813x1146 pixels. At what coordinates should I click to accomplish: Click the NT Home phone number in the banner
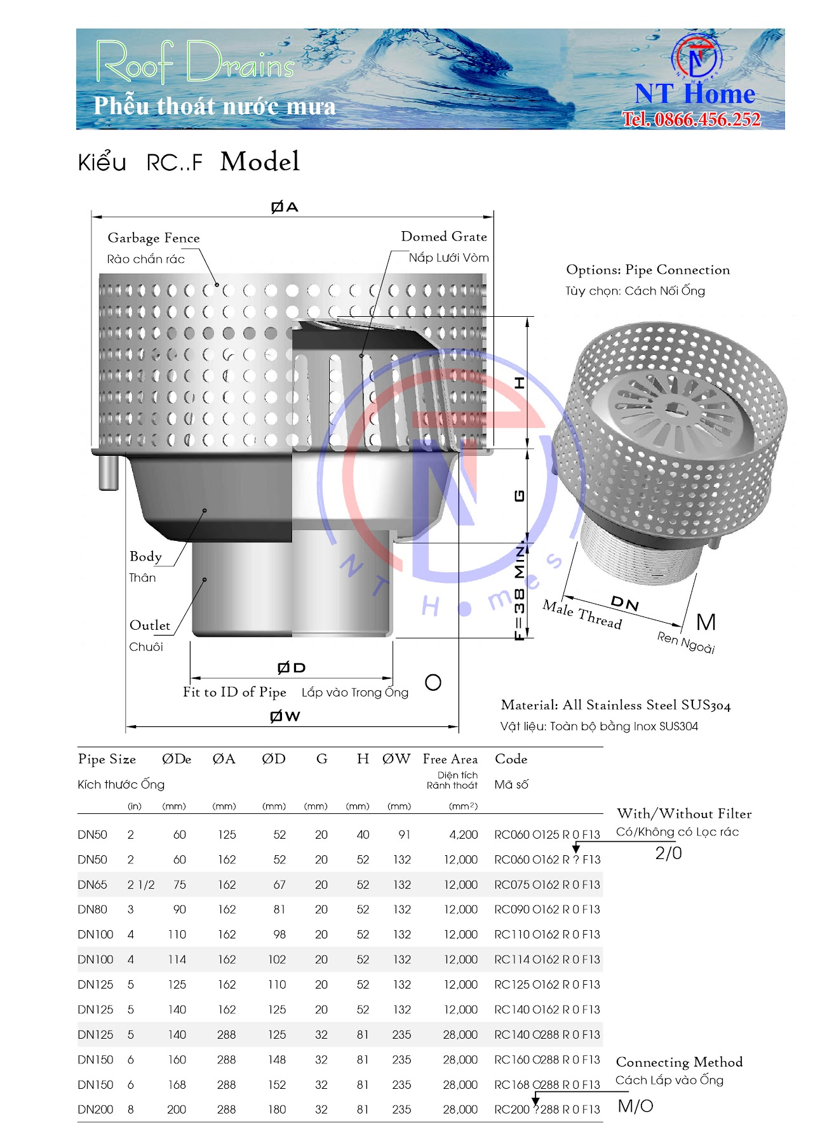[x=691, y=119]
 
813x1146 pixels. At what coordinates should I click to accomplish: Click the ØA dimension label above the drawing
[x=284, y=207]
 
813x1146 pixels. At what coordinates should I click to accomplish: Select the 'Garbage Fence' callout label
[x=154, y=238]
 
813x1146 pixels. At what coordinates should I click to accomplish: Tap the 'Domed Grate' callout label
[x=444, y=237]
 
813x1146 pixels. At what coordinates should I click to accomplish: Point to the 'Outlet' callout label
[x=150, y=625]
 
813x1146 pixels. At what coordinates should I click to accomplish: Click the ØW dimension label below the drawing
[x=285, y=716]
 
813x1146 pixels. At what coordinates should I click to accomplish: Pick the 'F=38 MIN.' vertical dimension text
[x=520, y=590]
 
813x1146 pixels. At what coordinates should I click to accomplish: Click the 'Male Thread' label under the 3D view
[x=582, y=614]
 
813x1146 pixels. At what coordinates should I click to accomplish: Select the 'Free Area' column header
[x=450, y=759]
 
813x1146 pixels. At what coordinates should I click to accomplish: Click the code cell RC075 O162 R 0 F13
[x=547, y=884]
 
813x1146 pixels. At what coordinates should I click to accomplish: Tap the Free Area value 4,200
[x=463, y=835]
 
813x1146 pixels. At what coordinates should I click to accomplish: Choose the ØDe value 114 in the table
[x=177, y=959]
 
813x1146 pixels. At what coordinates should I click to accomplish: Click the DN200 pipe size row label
[x=95, y=1109]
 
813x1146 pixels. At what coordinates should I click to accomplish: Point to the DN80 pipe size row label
[x=92, y=909]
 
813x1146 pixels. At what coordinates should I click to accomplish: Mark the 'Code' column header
[x=511, y=759]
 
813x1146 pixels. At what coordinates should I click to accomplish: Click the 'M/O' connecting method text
[x=635, y=1106]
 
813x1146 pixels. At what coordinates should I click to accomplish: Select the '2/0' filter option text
[x=668, y=853]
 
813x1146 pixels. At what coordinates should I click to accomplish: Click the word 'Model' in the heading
[x=260, y=162]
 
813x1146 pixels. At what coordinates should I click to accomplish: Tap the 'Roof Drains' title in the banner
[x=195, y=62]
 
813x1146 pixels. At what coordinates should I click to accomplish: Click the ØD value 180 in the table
[x=276, y=1109]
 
